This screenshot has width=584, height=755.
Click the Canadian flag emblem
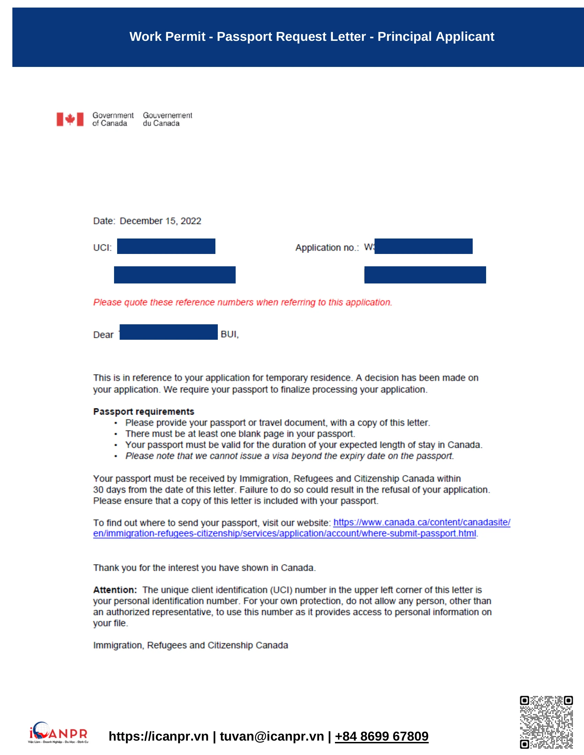point(70,119)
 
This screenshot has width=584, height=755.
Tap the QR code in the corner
point(546,722)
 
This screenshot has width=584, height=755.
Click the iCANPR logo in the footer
point(58,733)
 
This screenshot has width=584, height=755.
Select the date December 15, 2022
point(160,221)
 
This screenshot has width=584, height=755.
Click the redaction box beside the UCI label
point(166,246)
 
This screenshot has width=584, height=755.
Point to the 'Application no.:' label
point(327,247)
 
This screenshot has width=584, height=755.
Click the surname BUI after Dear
point(229,334)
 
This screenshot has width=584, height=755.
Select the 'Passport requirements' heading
point(144,411)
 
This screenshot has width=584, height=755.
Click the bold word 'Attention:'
point(115,590)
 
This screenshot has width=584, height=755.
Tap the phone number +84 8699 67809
point(382,736)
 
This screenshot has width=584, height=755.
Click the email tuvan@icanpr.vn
point(272,736)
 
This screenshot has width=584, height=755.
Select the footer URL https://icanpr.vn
point(158,736)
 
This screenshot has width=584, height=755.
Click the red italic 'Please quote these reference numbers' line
point(243,302)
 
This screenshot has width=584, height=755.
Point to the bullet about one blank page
point(240,433)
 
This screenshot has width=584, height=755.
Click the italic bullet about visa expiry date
point(289,456)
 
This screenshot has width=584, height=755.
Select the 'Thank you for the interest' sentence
point(204,568)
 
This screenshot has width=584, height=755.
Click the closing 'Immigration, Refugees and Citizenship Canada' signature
point(190,645)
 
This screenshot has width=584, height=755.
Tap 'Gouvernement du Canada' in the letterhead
point(167,119)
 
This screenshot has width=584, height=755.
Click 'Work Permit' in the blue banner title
point(167,37)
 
